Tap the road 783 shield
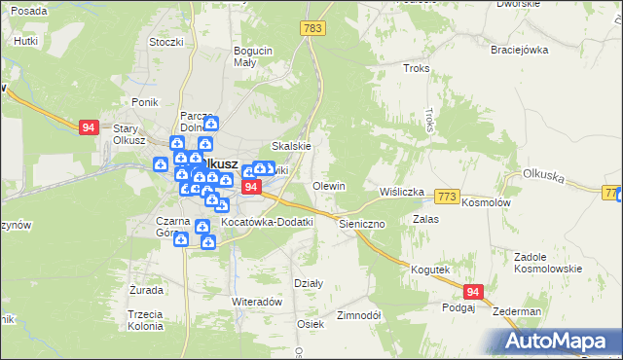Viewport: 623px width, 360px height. (312, 30)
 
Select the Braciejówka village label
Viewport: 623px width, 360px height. (519, 50)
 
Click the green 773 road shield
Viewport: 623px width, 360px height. (447, 197)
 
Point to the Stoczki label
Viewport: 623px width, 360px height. (165, 42)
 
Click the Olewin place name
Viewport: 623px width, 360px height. (329, 186)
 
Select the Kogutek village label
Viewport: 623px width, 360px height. (429, 270)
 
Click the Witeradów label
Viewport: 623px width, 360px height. (256, 302)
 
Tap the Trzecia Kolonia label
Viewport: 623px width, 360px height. (143, 320)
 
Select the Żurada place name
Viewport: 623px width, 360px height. (146, 290)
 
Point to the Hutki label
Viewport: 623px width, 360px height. (25, 42)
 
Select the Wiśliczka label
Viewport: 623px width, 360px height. (402, 192)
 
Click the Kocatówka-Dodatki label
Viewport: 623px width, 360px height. (268, 222)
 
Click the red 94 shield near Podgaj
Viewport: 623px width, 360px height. (474, 292)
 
